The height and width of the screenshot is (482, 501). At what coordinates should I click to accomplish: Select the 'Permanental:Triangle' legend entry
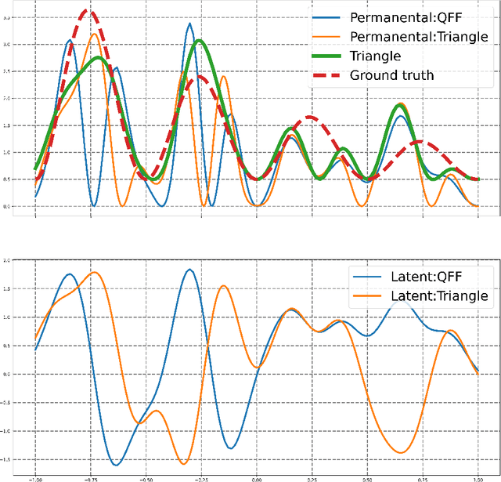coord(419,37)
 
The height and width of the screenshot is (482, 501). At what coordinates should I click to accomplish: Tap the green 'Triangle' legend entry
coord(375,56)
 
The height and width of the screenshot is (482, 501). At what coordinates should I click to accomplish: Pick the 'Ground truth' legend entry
coord(391,75)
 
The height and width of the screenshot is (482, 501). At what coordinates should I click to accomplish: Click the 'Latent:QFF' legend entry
coord(427,277)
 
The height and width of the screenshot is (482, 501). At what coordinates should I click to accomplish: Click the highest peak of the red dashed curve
coord(92,12)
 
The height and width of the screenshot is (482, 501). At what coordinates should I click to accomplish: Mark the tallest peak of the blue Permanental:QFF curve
coord(189,24)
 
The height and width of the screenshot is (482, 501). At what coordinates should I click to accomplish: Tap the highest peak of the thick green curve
coord(200,41)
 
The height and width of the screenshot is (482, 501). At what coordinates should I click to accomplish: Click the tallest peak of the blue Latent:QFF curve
coord(190,270)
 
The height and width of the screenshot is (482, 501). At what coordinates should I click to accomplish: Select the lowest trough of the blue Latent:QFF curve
coord(116,465)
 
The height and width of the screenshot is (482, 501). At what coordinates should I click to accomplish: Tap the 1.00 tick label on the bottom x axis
coord(478,477)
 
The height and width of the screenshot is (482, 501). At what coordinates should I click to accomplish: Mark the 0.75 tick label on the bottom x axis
coord(423,477)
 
